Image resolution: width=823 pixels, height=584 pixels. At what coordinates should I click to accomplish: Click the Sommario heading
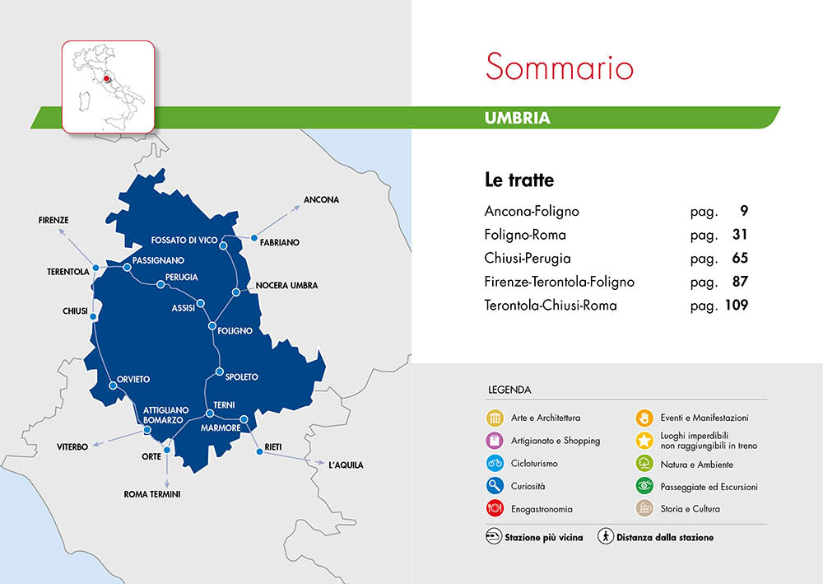pos(559,67)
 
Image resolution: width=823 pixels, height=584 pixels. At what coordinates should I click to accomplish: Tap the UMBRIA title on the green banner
pos(517,118)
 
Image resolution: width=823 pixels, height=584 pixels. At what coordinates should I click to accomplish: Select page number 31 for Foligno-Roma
pos(739,235)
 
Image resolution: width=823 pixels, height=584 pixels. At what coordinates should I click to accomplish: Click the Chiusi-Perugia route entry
pos(528,259)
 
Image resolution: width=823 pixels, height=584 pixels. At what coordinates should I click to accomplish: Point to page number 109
pos(736,306)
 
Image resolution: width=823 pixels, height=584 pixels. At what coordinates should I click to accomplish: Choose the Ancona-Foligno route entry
pos(532,212)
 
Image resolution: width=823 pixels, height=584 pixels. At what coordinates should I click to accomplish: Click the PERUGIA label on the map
pos(181,277)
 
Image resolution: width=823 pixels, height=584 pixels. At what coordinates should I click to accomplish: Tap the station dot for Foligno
pos(212,327)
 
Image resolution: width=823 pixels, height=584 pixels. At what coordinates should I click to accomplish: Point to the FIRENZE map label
pos(53,220)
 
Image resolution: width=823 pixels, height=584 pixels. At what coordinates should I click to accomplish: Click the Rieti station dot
pos(259,451)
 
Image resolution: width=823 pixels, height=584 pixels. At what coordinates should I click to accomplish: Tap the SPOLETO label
pos(241,377)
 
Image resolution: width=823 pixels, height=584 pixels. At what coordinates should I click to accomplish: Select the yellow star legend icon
pos(645,441)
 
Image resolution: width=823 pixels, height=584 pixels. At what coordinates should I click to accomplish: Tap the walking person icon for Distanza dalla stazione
pos(605,537)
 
